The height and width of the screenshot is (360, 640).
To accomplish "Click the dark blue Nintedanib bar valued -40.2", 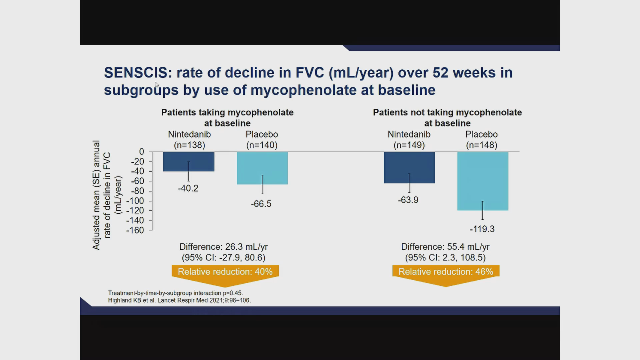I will (x=189, y=161).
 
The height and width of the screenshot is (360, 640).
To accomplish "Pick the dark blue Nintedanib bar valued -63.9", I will (x=409, y=167).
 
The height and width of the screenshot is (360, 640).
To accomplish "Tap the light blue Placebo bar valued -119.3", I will (x=482, y=181).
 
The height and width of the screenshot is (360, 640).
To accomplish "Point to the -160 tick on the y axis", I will (x=135, y=230).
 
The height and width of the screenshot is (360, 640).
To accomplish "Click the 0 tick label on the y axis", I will (x=142, y=152).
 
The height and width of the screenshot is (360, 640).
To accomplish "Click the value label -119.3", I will (x=482, y=229).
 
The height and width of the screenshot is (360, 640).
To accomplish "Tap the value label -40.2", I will (x=188, y=188).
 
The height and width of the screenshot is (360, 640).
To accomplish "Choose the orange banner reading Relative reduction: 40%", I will (x=225, y=272).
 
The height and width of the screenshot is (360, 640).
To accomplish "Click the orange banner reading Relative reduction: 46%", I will (x=446, y=272).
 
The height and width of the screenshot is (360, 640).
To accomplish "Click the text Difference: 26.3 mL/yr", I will (x=223, y=247).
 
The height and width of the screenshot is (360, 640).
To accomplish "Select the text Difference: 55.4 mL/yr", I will (x=445, y=247).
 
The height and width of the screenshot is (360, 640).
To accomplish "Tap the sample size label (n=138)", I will (x=189, y=145).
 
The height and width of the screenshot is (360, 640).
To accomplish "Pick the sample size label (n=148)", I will (x=481, y=145).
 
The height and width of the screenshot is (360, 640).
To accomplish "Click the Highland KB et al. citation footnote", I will (x=179, y=300).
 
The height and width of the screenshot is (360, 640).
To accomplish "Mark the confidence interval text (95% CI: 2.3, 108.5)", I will (x=445, y=258).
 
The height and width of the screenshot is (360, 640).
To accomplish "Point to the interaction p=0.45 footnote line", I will (x=175, y=293).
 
